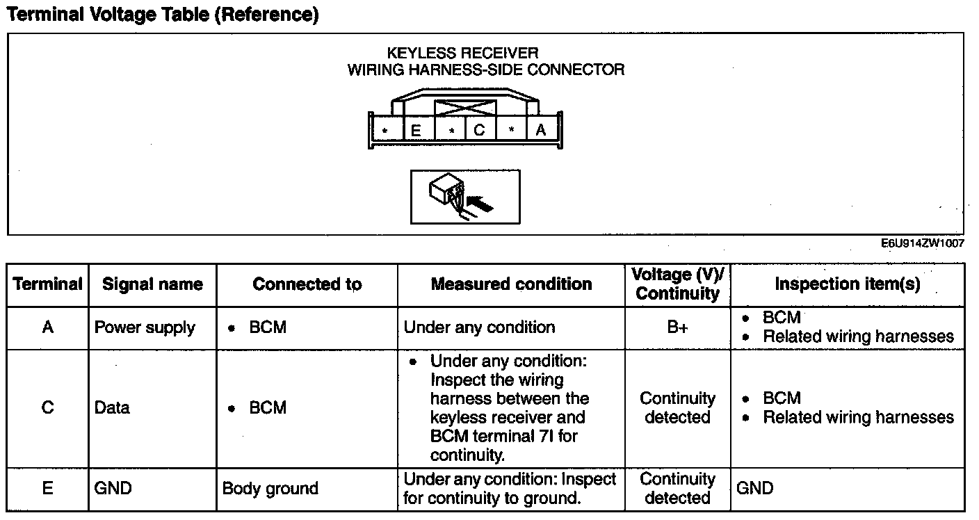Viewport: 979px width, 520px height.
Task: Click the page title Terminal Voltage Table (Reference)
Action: pyautogui.click(x=163, y=15)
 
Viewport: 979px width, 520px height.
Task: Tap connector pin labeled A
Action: pyautogui.click(x=540, y=130)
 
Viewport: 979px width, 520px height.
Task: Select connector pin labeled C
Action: pyautogui.click(x=479, y=130)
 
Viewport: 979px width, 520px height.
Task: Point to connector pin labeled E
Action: pyautogui.click(x=416, y=130)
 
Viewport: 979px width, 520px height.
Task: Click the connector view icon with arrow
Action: pyautogui.click(x=464, y=197)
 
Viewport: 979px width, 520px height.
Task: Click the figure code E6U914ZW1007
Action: pyautogui.click(x=921, y=244)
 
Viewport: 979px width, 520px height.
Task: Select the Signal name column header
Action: pyautogui.click(x=152, y=284)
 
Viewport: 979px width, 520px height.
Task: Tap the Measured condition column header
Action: pyautogui.click(x=511, y=284)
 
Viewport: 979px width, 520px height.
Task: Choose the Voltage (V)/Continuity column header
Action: pyautogui.click(x=677, y=284)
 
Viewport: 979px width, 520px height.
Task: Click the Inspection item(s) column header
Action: pyautogui.click(x=847, y=284)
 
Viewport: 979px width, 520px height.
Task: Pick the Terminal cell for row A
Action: pyautogui.click(x=47, y=327)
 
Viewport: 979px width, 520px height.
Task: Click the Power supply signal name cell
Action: pyautogui.click(x=145, y=327)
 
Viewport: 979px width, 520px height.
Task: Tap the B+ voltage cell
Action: pyautogui.click(x=677, y=327)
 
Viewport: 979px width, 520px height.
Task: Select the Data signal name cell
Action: pyautogui.click(x=112, y=408)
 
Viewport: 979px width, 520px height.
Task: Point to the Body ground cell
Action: pyautogui.click(x=270, y=489)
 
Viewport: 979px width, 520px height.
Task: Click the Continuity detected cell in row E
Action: pyautogui.click(x=677, y=489)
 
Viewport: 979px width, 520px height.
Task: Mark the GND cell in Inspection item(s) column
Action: pyautogui.click(x=754, y=489)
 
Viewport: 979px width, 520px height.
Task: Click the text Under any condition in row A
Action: pyautogui.click(x=479, y=327)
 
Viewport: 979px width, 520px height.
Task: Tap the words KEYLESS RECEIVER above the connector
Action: pyautogui.click(x=462, y=53)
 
